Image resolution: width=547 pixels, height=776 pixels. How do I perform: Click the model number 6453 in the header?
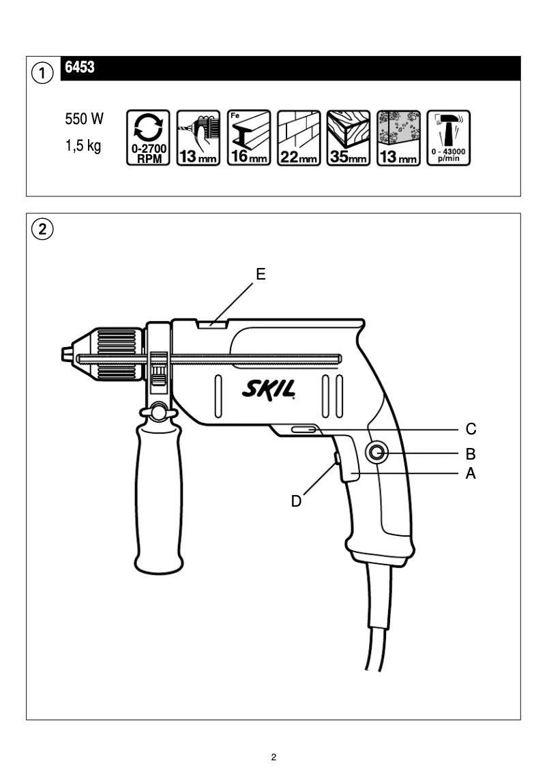click(79, 68)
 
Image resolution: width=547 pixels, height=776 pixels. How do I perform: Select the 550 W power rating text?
click(84, 119)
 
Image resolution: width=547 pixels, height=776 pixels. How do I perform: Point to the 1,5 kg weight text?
click(83, 147)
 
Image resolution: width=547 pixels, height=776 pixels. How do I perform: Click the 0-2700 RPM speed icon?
click(149, 138)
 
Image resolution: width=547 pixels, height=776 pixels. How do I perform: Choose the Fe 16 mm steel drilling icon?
click(248, 138)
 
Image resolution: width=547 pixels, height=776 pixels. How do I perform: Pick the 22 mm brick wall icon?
click(298, 138)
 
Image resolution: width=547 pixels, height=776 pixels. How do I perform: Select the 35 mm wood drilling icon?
click(348, 138)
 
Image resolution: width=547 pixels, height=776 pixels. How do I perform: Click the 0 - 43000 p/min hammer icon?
click(447, 138)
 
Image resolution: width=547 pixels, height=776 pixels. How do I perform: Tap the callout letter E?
click(261, 274)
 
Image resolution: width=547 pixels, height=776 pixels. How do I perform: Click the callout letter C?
click(471, 430)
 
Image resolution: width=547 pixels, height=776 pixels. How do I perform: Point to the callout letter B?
click(471, 453)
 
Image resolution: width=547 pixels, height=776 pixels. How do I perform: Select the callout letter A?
click(471, 473)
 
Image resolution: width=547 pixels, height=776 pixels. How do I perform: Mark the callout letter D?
click(296, 501)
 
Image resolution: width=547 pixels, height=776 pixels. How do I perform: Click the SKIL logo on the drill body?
click(269, 391)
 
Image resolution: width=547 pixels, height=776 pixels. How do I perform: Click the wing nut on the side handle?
click(158, 411)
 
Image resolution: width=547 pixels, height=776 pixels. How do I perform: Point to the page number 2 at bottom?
click(273, 757)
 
